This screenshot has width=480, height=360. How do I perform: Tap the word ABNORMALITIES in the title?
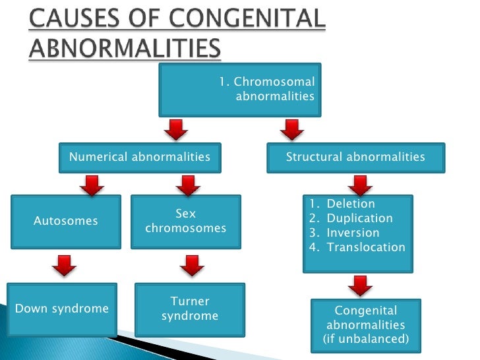pyautogui.click(x=125, y=49)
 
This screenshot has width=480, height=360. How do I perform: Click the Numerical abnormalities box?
pyautogui.click(x=140, y=158)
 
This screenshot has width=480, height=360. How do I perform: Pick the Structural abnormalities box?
pyautogui.click(x=355, y=158)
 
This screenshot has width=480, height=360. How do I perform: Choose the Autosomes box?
pyautogui.click(x=65, y=221)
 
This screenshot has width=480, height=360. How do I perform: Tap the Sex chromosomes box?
pyautogui.click(x=185, y=222)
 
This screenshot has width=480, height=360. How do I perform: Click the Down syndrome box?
pyautogui.click(x=62, y=309)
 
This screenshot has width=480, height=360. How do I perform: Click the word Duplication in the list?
pyautogui.click(x=359, y=218)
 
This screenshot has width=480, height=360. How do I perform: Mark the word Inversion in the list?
pyautogui.click(x=353, y=233)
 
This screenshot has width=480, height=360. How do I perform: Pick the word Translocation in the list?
pyautogui.click(x=366, y=247)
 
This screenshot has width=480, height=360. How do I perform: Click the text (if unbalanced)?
pyautogui.click(x=365, y=340)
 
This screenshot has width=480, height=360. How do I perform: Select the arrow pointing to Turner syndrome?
pyautogui.click(x=191, y=266)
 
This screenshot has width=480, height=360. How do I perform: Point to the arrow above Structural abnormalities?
pyautogui.click(x=291, y=129)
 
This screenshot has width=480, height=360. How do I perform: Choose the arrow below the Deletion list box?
pyautogui.click(x=360, y=285)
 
